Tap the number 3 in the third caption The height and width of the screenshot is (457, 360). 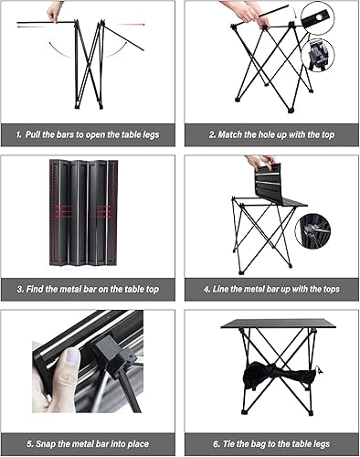click(19, 290)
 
